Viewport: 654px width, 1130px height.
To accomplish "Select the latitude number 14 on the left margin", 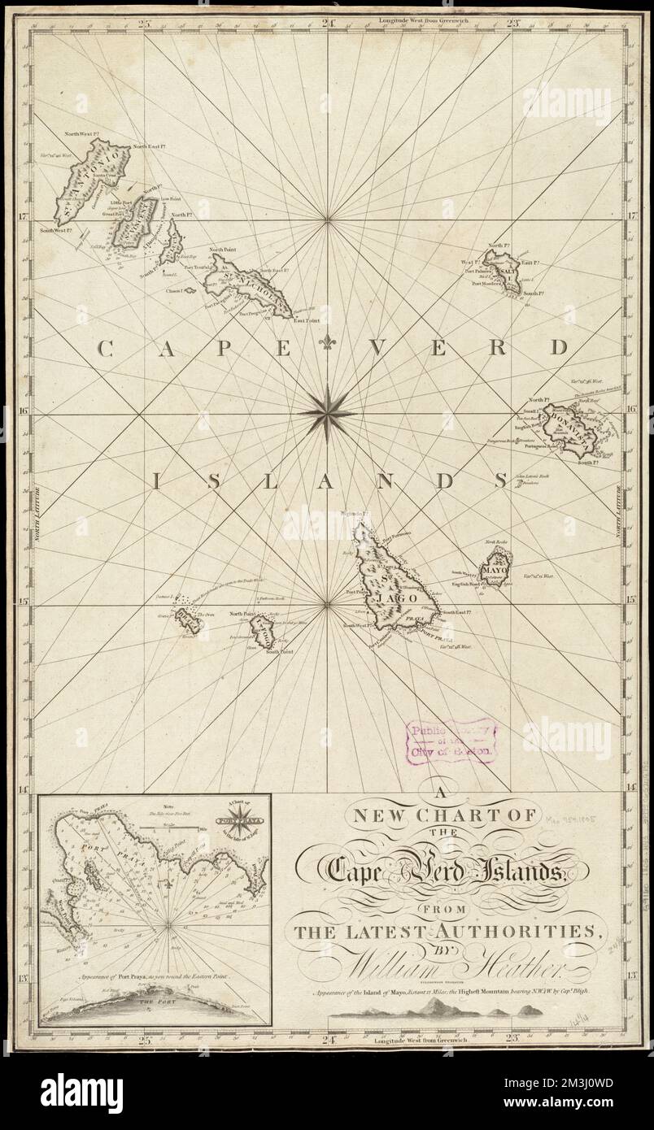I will coord(24,788).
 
